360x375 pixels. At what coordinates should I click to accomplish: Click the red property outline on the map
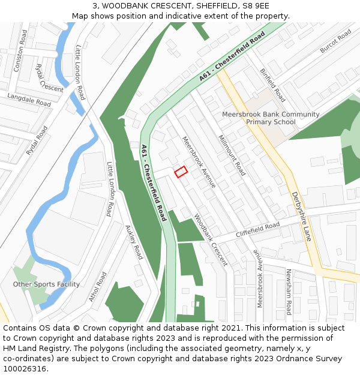(181, 172)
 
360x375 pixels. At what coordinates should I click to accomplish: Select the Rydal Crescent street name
(49, 78)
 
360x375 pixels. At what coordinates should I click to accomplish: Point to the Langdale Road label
(29, 100)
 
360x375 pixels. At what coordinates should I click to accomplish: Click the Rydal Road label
(37, 142)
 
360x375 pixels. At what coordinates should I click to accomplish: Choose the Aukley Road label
(133, 242)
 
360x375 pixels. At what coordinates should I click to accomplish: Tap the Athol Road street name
(97, 287)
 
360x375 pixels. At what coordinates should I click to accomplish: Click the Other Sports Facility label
(46, 284)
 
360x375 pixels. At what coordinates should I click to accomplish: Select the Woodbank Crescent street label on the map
(211, 240)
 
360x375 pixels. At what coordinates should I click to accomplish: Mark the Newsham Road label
(289, 292)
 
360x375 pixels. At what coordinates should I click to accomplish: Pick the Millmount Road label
(232, 155)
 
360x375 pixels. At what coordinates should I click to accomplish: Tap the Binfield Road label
(272, 85)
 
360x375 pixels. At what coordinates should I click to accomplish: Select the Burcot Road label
(335, 41)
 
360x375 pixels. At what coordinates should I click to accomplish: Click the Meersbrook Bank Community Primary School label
(271, 118)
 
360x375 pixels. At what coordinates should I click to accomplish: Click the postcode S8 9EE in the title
(256, 6)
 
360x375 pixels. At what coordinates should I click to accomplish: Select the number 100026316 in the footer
(25, 369)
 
